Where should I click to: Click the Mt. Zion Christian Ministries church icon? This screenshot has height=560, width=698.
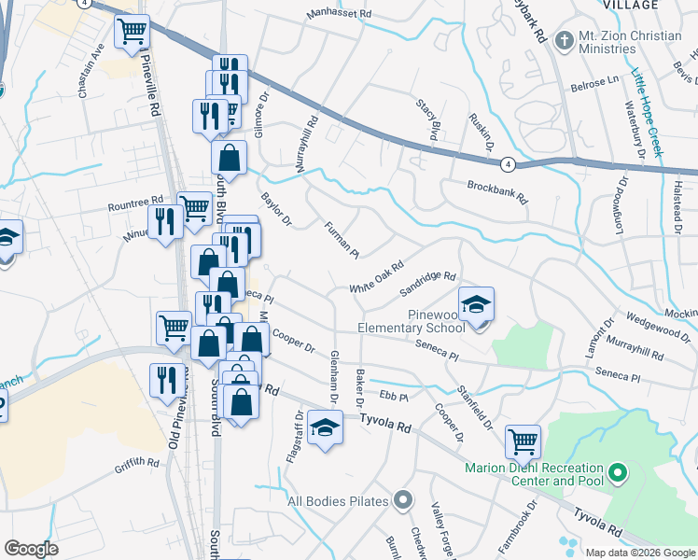pyautogui.click(x=564, y=40)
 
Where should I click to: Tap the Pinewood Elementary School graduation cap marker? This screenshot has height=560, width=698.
pyautogui.click(x=476, y=305)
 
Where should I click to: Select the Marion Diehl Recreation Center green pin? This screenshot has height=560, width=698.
pyautogui.click(x=616, y=474)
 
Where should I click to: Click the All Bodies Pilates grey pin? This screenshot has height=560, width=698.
pyautogui.click(x=402, y=500)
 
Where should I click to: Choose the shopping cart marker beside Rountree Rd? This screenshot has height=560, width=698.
pyautogui.click(x=194, y=210)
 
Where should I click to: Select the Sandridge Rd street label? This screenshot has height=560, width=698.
pyautogui.click(x=426, y=283)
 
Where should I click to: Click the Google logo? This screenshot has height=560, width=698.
pyautogui.click(x=31, y=549)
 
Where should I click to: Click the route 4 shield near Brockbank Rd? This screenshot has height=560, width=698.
pyautogui.click(x=507, y=164)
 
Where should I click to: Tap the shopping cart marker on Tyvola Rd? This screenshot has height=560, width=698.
pyautogui.click(x=523, y=440)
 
